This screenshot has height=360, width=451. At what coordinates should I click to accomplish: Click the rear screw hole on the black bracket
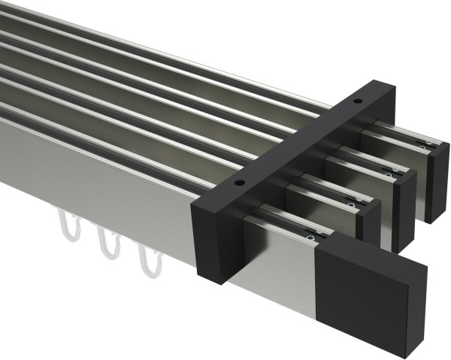[358, 100]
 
